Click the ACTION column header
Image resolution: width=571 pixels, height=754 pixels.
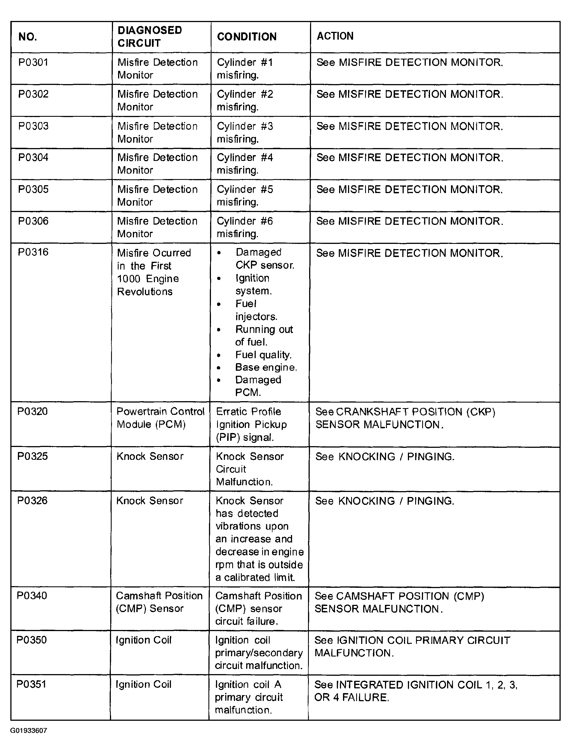click(335, 36)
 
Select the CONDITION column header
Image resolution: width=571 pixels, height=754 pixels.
click(247, 37)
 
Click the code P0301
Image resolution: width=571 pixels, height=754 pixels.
click(33, 62)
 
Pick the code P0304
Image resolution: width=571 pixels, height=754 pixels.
click(33, 158)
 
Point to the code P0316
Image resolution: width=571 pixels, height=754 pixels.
click(33, 252)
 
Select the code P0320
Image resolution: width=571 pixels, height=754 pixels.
click(32, 412)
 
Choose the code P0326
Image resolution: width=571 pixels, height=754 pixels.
click(32, 500)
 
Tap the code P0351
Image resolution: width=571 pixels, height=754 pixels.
click(31, 684)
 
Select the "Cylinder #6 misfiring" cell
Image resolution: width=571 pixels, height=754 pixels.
click(245, 227)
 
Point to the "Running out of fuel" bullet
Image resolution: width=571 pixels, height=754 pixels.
click(264, 336)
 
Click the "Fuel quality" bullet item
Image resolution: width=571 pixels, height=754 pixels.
click(264, 355)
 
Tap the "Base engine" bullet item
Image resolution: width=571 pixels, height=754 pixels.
click(266, 367)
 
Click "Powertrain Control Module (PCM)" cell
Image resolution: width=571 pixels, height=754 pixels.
click(160, 418)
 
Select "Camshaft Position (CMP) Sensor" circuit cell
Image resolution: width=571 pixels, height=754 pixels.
click(159, 602)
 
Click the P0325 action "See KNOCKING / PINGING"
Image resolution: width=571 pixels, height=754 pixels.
click(385, 457)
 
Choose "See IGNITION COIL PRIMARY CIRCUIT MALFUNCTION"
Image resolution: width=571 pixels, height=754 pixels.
click(412, 647)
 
